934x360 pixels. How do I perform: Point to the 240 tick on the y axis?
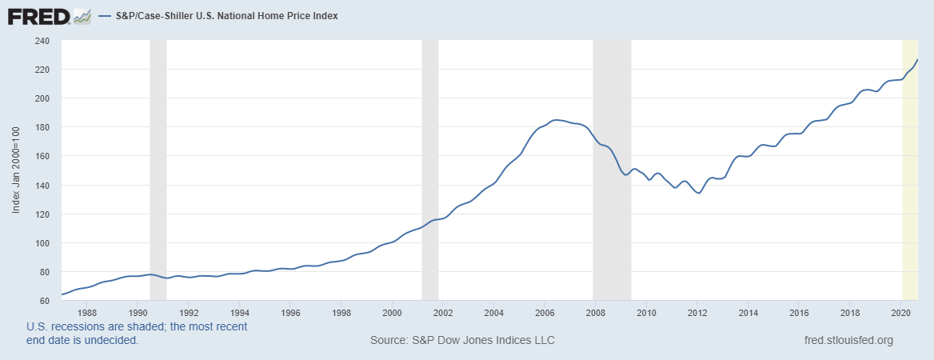point(42,41)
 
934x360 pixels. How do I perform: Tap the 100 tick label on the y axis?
point(42,243)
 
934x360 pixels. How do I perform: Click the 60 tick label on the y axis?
point(45,301)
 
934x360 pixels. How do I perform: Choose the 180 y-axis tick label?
point(42,127)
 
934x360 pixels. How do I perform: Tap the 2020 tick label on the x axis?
point(901,312)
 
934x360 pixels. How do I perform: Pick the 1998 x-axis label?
point(341,312)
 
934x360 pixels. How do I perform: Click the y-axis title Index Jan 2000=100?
point(16,171)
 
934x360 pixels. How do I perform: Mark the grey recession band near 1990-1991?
point(158,170)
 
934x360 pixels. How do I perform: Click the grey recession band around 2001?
point(430,170)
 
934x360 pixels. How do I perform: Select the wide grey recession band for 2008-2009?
point(612,170)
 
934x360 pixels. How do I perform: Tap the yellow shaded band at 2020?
point(910,170)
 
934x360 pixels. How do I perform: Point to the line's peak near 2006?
point(557,120)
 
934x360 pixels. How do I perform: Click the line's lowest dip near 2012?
point(698,193)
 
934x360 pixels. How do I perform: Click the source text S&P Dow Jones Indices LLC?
point(462,340)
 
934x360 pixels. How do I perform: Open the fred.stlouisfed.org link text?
point(848,340)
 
